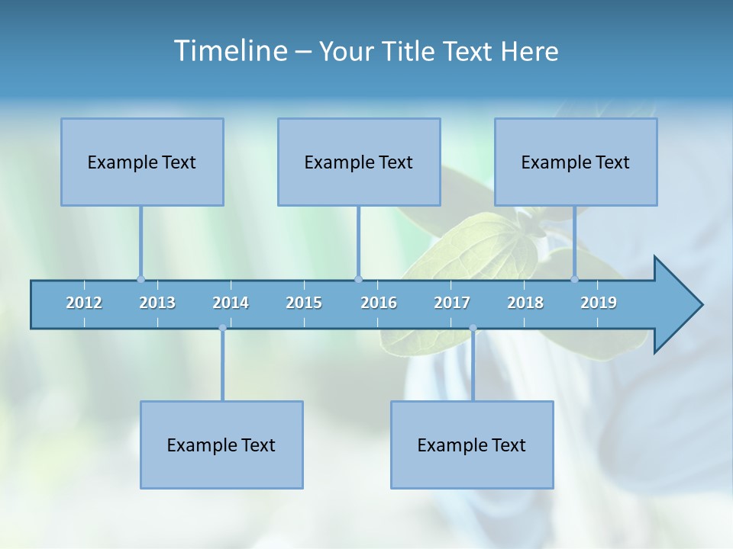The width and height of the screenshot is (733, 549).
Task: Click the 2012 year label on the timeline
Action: coord(84,303)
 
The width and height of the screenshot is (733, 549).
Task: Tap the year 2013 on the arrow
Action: coord(157,303)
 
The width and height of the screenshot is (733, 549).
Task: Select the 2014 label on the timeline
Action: coord(231,303)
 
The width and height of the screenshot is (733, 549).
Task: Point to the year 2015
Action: coord(304,303)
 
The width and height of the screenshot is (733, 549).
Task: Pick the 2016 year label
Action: coord(379,303)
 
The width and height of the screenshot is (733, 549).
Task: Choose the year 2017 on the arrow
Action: coord(452,303)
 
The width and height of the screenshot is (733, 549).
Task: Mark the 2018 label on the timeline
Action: coord(525,303)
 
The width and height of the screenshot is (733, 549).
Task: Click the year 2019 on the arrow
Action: coord(599,303)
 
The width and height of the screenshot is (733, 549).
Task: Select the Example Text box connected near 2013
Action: coord(142,162)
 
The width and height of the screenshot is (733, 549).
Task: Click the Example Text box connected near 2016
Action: coord(359,162)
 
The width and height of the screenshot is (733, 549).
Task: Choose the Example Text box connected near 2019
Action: coord(576,162)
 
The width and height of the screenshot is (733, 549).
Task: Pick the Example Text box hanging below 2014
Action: coord(221,445)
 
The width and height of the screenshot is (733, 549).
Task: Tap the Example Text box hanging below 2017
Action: coord(472,445)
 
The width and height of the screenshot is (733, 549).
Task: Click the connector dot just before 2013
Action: coord(140,279)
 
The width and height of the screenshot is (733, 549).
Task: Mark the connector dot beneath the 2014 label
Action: coord(222,329)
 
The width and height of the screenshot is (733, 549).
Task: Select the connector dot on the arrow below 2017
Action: coord(473,329)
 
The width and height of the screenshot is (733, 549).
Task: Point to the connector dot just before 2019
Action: coord(575,279)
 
